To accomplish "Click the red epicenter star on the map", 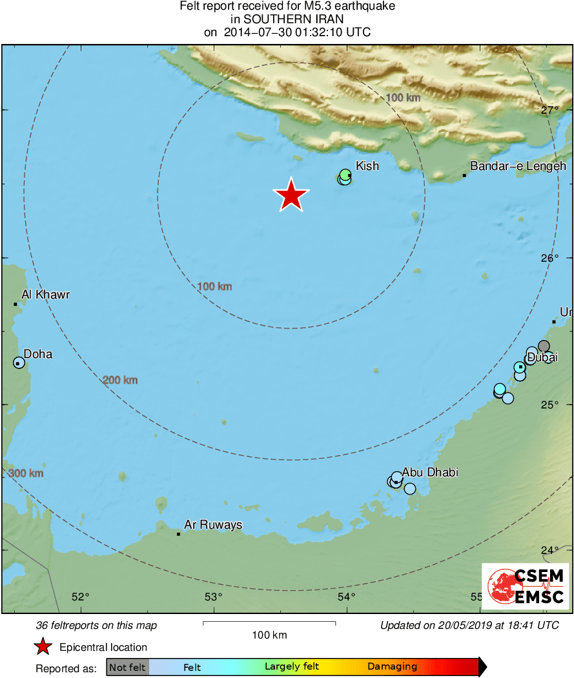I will [291, 195].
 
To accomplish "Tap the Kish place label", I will [367, 166].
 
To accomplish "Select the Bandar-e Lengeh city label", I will [518, 166].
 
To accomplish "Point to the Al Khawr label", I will [45, 295].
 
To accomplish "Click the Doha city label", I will [38, 354].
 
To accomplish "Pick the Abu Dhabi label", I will [430, 472].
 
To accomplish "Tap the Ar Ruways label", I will [213, 525].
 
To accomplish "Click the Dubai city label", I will [542, 357].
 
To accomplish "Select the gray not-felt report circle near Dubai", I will [544, 346].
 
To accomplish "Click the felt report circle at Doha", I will [19, 363].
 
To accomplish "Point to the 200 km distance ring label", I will [120, 380].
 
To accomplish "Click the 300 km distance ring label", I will [26, 474].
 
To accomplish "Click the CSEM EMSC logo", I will [525, 586].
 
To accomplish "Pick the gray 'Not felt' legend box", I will [127, 667].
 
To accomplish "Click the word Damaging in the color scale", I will [393, 667].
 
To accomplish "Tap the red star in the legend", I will [43, 647].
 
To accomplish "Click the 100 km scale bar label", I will [269, 635].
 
